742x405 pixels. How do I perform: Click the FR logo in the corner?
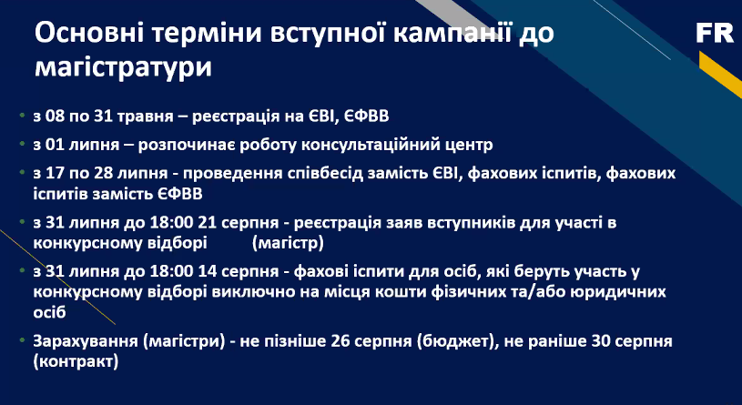715,33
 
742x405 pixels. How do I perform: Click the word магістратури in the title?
123,67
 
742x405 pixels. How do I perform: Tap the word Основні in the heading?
95,34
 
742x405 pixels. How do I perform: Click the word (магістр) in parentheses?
289,243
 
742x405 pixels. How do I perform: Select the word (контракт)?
76,362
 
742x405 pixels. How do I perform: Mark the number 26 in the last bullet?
341,341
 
